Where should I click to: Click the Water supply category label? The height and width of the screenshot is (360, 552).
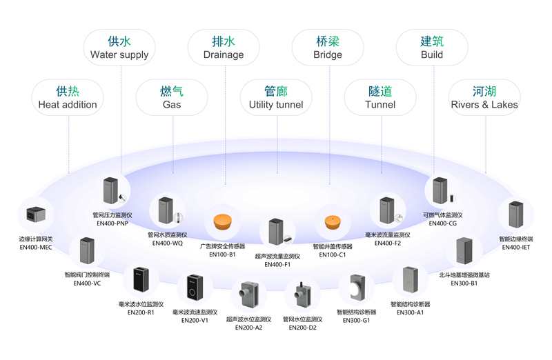tap(119, 54)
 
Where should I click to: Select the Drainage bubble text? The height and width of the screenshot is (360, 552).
tap(223, 54)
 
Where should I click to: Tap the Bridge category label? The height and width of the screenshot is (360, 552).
tap(327, 54)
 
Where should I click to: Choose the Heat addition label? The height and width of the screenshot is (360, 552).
tap(68, 104)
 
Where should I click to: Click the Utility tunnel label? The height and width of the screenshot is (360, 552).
tap(275, 104)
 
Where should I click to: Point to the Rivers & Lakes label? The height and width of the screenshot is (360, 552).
tap(484, 104)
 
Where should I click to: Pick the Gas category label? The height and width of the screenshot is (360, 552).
tap(171, 104)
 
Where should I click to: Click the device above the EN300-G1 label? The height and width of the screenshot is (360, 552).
tap(356, 291)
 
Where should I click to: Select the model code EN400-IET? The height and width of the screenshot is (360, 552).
tap(515, 247)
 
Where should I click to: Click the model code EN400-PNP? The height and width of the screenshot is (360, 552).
tap(114, 223)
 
